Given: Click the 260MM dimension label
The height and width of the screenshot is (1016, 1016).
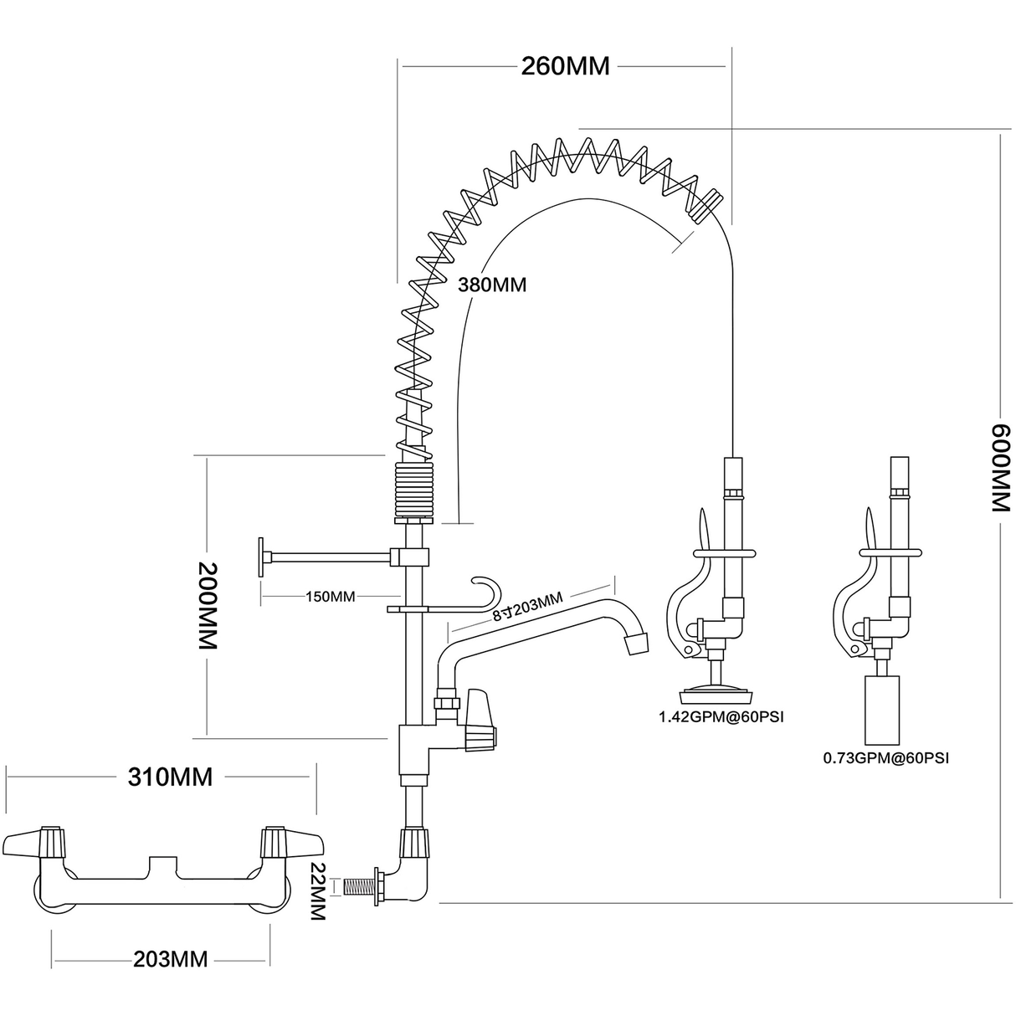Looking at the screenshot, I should pos(565,66).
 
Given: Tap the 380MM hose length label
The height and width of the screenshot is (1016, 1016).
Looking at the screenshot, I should pos(491,285).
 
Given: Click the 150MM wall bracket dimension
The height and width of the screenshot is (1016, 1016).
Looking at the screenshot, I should pos(331,597).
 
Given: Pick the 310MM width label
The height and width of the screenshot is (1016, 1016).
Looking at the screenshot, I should pos(170,777).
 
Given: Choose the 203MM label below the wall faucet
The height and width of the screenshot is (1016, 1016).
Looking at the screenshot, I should pos(170,958).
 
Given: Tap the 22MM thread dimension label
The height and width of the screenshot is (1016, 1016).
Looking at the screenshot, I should pos(317,891).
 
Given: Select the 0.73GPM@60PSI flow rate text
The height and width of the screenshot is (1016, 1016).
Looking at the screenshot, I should pos(886,759).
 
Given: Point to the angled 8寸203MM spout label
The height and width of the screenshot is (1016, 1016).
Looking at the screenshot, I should pos(527,607).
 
